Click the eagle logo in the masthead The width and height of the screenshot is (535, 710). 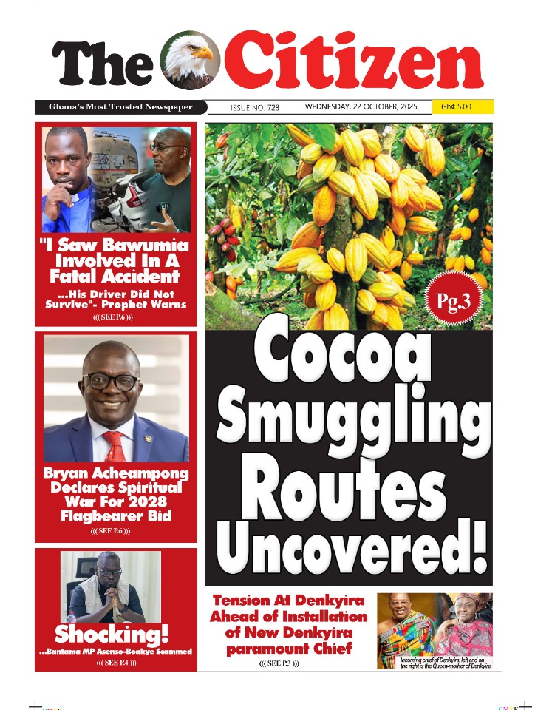(x=190, y=61)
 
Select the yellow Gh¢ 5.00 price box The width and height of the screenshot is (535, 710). (x=463, y=107)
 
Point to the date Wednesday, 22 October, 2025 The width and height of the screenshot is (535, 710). (x=361, y=107)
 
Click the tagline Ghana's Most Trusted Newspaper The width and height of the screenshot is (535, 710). (x=120, y=107)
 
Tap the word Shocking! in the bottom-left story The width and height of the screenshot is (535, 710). (x=112, y=634)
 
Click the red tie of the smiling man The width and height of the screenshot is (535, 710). (x=115, y=446)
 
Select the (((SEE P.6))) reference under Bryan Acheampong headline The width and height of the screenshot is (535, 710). (x=115, y=532)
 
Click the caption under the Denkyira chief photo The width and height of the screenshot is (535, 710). (x=445, y=663)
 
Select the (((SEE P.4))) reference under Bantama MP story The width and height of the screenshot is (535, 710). (x=116, y=663)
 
